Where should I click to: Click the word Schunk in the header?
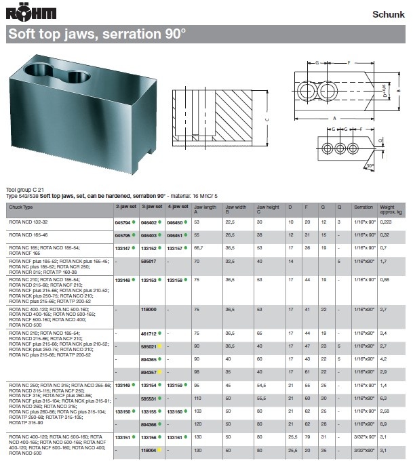click(389, 14)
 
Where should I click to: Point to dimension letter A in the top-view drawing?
click(334, 118)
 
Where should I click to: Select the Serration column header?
click(363, 207)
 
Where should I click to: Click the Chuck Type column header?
click(20, 207)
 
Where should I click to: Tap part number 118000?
click(149, 309)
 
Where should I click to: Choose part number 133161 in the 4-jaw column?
click(174, 437)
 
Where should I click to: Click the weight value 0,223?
click(387, 222)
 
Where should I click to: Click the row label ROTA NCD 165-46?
click(27, 234)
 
